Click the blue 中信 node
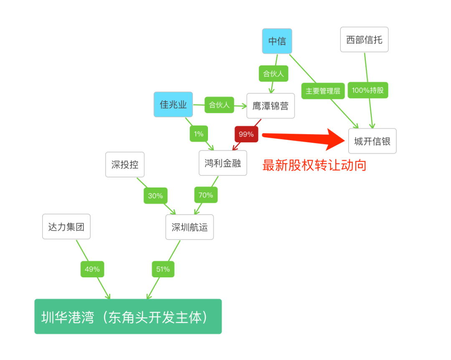277,41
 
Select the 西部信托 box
364,40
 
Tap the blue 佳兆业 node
173,104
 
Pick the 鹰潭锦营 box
270,106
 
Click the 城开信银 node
372,141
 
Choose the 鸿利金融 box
223,163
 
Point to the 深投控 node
124,165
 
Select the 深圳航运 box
189,227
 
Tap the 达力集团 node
66,227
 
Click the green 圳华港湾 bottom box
128,317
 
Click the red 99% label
246,134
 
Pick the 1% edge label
199,134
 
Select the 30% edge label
155,195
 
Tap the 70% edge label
205,195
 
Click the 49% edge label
92,269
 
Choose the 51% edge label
163,269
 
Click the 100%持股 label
367,90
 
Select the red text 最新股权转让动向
314,165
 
